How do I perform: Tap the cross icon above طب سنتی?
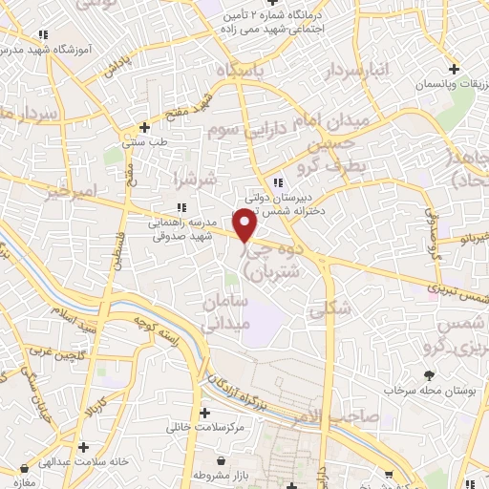click(143, 126)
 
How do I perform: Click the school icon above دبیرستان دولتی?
click(277, 182)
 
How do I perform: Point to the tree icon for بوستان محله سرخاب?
click(429, 375)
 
